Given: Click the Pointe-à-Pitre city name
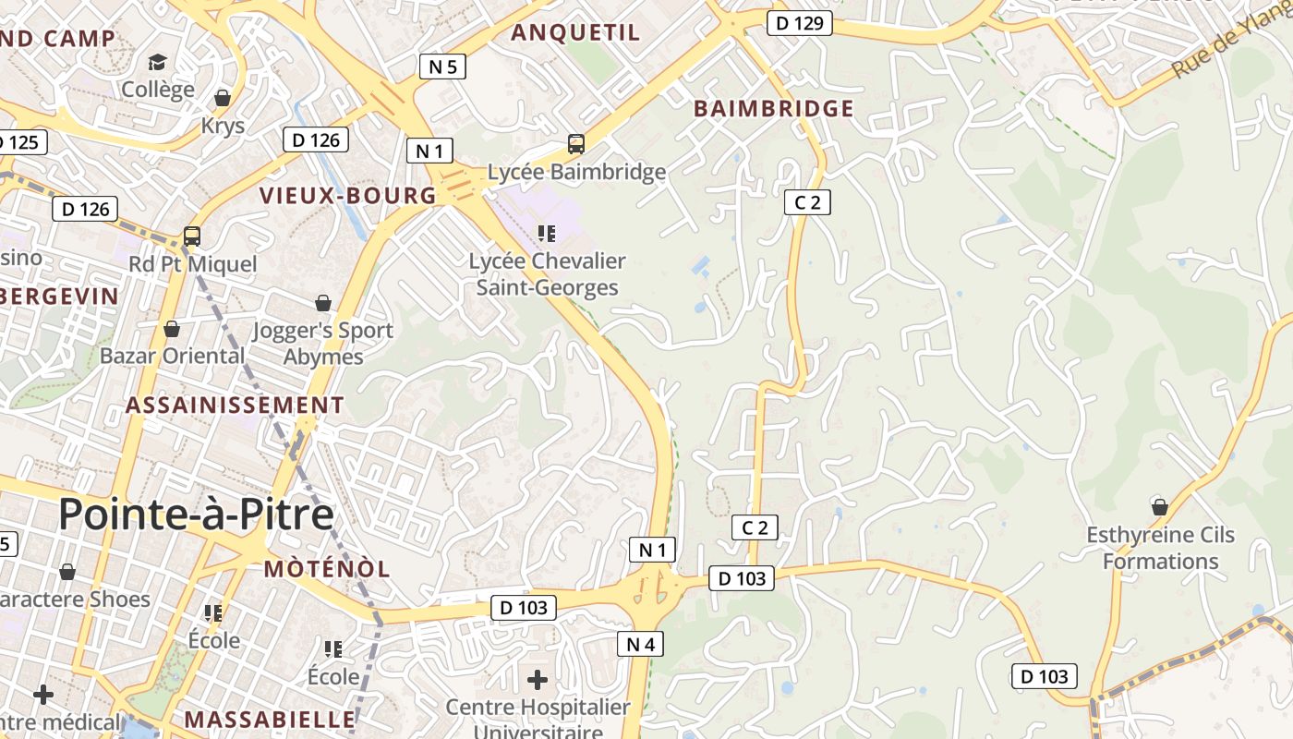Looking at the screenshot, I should pos(196,515).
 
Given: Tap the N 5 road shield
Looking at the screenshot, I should pos(442,67).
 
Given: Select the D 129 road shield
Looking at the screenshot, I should pos(800,23).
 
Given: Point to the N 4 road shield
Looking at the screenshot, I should pos(640,644).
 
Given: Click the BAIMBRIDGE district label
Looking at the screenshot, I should pos(774,108).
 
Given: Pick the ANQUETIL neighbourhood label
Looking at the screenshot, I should pos(575,33).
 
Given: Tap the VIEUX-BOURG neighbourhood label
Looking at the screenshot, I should pos(348,196).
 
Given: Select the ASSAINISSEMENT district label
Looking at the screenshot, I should pos(235,406).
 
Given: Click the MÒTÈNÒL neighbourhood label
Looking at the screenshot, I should pos(327,569).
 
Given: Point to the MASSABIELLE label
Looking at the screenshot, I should pos(270,720).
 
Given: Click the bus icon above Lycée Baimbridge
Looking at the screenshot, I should pos(576,144).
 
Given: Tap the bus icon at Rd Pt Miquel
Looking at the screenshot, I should pos(192,236).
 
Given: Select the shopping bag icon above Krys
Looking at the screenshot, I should pos(223,97).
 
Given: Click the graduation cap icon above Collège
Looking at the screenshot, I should pos(158,62).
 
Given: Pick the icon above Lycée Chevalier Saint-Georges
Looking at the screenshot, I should pos(547,233).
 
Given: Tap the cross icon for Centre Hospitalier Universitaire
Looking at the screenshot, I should pos(538,681).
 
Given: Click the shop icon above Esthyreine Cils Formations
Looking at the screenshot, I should pos(1160,507).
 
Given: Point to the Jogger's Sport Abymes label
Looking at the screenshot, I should pos(323,343).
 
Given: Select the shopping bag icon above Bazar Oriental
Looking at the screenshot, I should pos(172,329).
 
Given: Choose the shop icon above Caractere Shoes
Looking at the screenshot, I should pos(67,573).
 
